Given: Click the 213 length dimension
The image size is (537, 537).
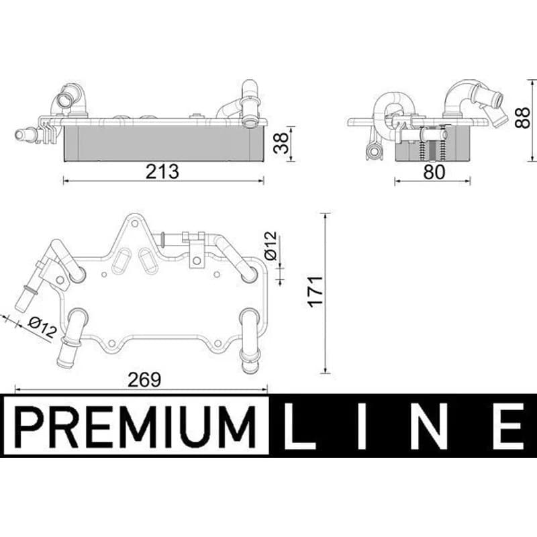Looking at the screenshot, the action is tap(162, 172).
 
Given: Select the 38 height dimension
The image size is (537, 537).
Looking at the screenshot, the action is tap(282, 143).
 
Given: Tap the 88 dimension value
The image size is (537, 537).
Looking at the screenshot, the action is tap(523, 118).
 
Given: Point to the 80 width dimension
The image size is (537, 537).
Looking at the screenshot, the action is tap(434, 172).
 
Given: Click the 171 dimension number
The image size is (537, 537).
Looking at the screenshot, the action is tap(315, 291).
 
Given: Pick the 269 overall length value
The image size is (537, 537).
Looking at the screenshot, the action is tap(144, 379).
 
